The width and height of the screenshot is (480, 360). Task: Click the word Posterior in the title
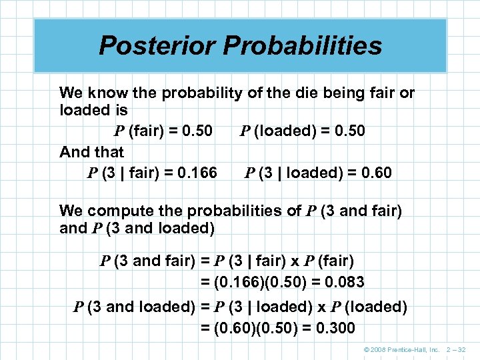pos(156,46)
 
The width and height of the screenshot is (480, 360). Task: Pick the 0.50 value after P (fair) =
pos(193,131)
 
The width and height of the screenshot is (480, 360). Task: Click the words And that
pos(91,152)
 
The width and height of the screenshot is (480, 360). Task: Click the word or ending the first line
pos(407,93)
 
